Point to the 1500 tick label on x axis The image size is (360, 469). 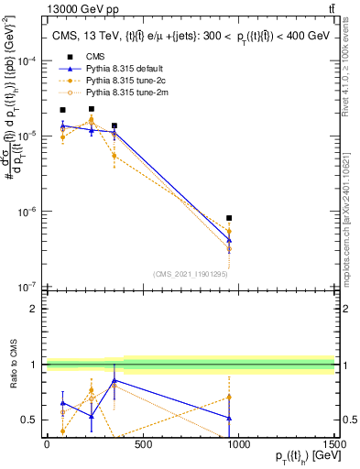pos(334,443)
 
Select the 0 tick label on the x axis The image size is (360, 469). pos(47,443)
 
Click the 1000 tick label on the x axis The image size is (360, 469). pos(238,443)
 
